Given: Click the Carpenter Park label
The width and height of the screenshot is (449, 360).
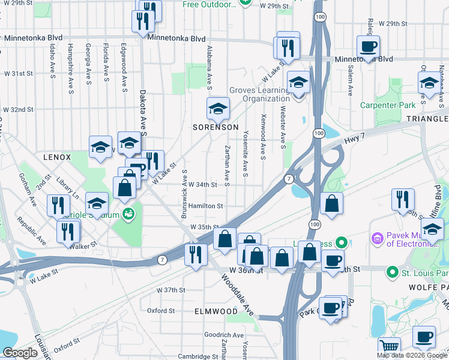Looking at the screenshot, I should tap(388, 105).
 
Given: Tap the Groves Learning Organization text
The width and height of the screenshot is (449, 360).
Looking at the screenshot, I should tap(259, 95).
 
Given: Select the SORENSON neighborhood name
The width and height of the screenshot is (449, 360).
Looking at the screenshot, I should tap(215, 128).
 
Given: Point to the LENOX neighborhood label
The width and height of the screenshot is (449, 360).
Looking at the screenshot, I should tap(57, 157).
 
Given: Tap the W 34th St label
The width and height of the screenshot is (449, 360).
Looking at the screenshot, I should tap(202, 185).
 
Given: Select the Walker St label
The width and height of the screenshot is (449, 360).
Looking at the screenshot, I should tap(83, 245).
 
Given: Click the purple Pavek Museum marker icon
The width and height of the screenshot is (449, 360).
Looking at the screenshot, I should tap(377, 238).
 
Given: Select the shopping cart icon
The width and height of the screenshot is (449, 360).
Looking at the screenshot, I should tap(390, 346).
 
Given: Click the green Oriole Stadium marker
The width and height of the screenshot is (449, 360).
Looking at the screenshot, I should tap(127, 213).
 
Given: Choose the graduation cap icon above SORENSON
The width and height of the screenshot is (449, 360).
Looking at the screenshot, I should tap(218, 108).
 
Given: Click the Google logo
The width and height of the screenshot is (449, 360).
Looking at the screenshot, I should tap(20, 353).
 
